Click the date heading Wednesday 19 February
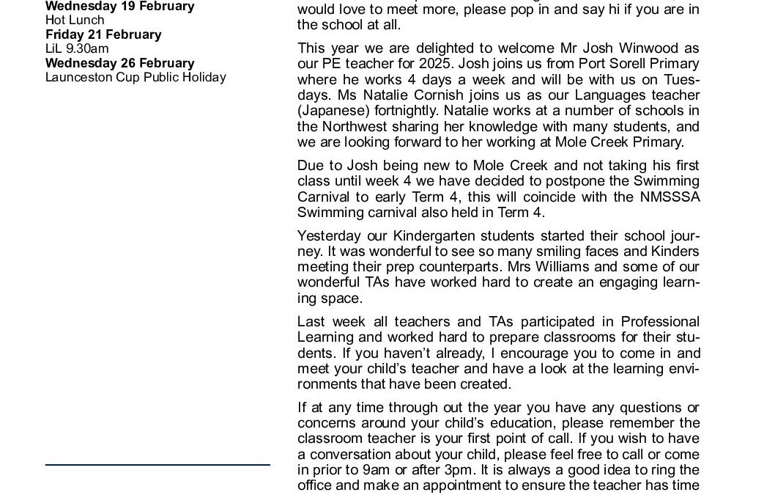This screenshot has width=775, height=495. coord(119,7)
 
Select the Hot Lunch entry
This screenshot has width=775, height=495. coord(75,21)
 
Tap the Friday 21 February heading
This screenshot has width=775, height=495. coord(103,34)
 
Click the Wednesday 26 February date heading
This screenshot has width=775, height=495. coord(119,63)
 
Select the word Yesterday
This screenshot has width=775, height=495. coord(330,236)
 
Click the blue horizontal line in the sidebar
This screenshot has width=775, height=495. coord(157,464)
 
